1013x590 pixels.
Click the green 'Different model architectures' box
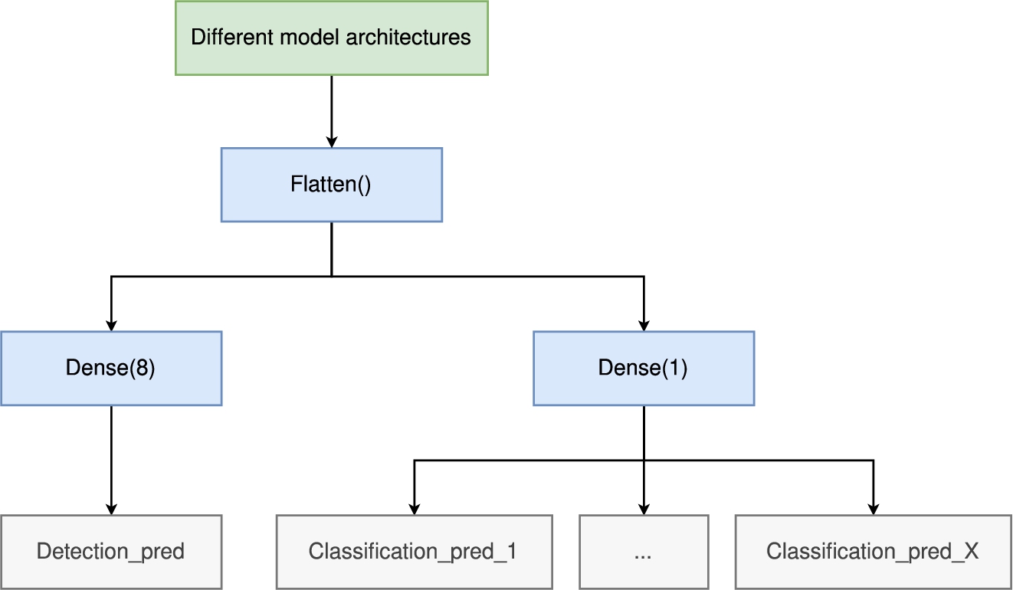click(332, 38)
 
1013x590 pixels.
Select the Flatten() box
click(332, 185)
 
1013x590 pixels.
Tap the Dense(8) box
click(111, 369)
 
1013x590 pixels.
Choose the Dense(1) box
click(644, 369)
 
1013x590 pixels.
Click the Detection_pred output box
click(111, 552)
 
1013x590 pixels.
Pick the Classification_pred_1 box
click(415, 552)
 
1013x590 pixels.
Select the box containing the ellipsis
click(644, 552)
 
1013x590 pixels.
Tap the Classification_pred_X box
click(874, 552)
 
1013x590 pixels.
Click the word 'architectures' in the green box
click(408, 37)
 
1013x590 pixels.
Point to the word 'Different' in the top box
click(232, 37)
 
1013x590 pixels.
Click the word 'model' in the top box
click(310, 37)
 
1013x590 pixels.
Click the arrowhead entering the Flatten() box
click(332, 141)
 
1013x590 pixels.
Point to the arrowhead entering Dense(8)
click(111, 325)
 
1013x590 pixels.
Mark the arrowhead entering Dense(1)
click(644, 325)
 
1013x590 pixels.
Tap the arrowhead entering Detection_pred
click(111, 508)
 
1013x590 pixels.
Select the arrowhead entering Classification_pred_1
click(415, 508)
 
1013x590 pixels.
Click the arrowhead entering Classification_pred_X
click(874, 508)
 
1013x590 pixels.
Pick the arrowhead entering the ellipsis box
click(644, 508)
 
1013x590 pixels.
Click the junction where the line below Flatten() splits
click(332, 277)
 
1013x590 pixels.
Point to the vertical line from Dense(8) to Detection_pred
click(111, 461)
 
